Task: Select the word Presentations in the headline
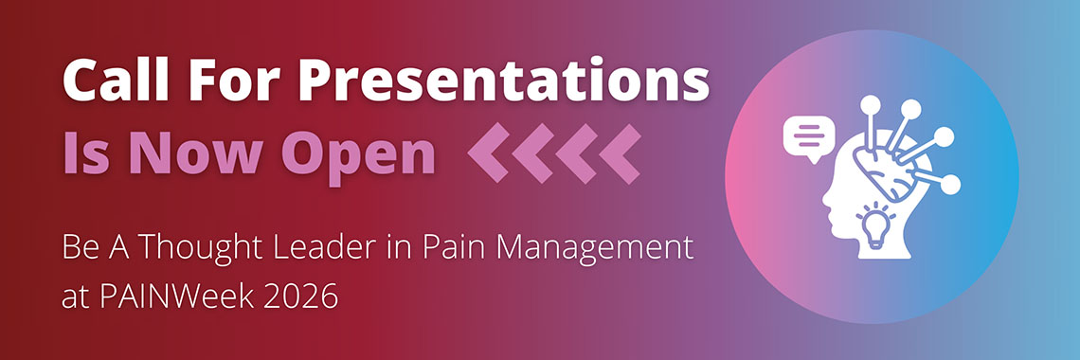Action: click(488, 80)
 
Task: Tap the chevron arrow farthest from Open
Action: click(620, 153)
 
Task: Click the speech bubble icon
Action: click(809, 137)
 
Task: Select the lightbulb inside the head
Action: click(875, 225)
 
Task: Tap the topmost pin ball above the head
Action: click(871, 104)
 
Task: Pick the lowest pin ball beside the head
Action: click(950, 185)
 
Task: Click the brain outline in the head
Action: click(884, 168)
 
